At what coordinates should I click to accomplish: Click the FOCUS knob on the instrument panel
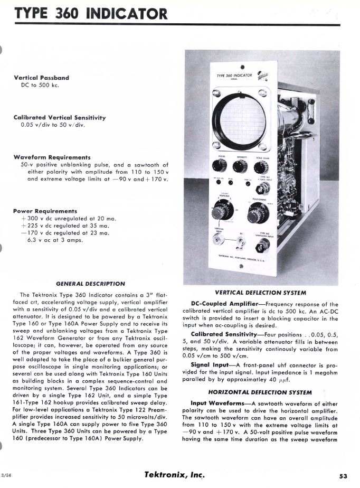point(219,166)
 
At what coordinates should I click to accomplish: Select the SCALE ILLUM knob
point(260,168)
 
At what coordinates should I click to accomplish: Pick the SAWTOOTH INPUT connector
point(260,245)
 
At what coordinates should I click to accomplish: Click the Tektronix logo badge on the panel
point(262,76)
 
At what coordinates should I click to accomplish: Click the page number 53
point(343,475)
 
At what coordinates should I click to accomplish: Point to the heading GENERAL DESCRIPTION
point(90,284)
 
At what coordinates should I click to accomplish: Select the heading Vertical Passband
point(41,78)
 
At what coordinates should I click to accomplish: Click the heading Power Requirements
point(45,211)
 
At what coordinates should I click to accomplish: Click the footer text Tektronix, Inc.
point(174,474)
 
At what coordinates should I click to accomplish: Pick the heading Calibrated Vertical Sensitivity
point(60,117)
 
